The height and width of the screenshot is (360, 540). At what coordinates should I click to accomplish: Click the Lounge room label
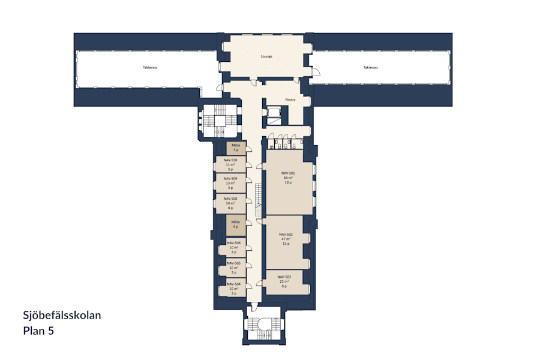(266, 56)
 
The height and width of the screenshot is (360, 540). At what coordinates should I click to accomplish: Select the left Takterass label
(150, 68)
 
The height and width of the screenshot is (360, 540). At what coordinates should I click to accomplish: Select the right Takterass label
(371, 68)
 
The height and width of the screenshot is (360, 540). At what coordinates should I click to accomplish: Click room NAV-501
(288, 178)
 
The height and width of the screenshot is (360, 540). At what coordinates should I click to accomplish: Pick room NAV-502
(286, 239)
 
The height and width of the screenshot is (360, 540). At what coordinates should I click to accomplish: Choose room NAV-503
(284, 281)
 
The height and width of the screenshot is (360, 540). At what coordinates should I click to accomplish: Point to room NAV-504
(233, 289)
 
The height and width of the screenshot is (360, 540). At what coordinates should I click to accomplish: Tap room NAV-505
(233, 268)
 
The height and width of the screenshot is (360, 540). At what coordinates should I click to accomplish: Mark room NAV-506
(233, 247)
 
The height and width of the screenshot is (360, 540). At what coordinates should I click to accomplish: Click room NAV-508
(230, 203)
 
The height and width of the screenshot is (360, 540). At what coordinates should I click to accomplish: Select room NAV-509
(230, 182)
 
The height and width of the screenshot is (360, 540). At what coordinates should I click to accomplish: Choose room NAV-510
(230, 164)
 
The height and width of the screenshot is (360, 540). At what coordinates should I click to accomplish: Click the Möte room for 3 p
(236, 148)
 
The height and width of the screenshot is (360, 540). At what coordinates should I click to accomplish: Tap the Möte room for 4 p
(236, 224)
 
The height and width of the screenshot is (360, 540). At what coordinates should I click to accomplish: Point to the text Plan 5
(38, 330)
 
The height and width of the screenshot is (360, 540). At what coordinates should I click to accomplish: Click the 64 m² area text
(288, 178)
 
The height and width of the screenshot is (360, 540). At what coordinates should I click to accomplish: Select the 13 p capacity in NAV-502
(286, 244)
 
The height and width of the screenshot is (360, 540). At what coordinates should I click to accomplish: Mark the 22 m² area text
(284, 281)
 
